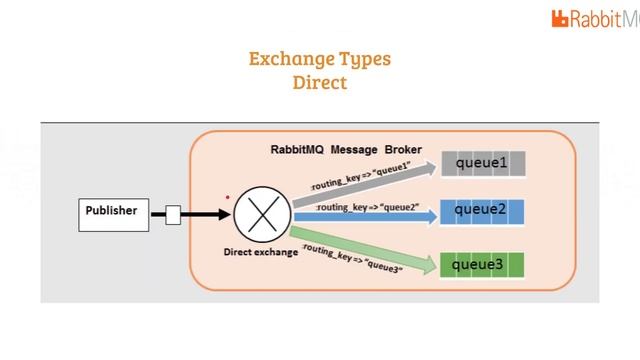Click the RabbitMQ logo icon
[x=560, y=18]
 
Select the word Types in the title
[x=365, y=59]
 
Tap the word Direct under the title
[x=320, y=83]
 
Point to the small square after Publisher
[x=173, y=213]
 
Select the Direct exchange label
[x=260, y=252]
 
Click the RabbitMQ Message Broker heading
[x=346, y=149]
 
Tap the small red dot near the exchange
[x=228, y=198]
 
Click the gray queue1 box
[x=482, y=163]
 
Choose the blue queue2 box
[x=482, y=211]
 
